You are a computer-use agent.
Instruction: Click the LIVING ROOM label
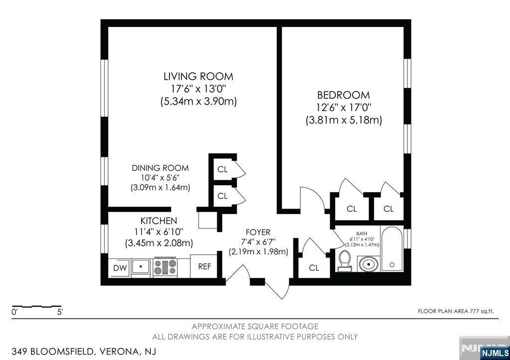pos(198,77)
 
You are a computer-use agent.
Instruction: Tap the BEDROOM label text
pos(344,95)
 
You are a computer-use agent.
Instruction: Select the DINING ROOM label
pos(160,168)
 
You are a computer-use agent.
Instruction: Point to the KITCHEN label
pos(158,221)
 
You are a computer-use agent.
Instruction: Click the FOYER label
pos(258,233)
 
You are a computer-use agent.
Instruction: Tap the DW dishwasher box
pos(120,268)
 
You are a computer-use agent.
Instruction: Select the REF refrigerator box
pos(205,266)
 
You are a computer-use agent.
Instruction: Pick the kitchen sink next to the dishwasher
pos(142,266)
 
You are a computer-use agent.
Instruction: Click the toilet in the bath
pos(344,261)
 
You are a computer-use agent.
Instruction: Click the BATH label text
pos(362,233)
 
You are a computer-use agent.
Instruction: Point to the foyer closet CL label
pos(314,268)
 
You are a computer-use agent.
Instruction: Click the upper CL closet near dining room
pos(222,169)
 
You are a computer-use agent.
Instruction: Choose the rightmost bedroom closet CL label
pos(388,209)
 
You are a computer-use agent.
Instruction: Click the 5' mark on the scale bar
pos(59,313)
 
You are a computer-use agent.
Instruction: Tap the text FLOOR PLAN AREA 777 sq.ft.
pos(456,312)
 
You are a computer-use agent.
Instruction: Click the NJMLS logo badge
pos(494,353)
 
